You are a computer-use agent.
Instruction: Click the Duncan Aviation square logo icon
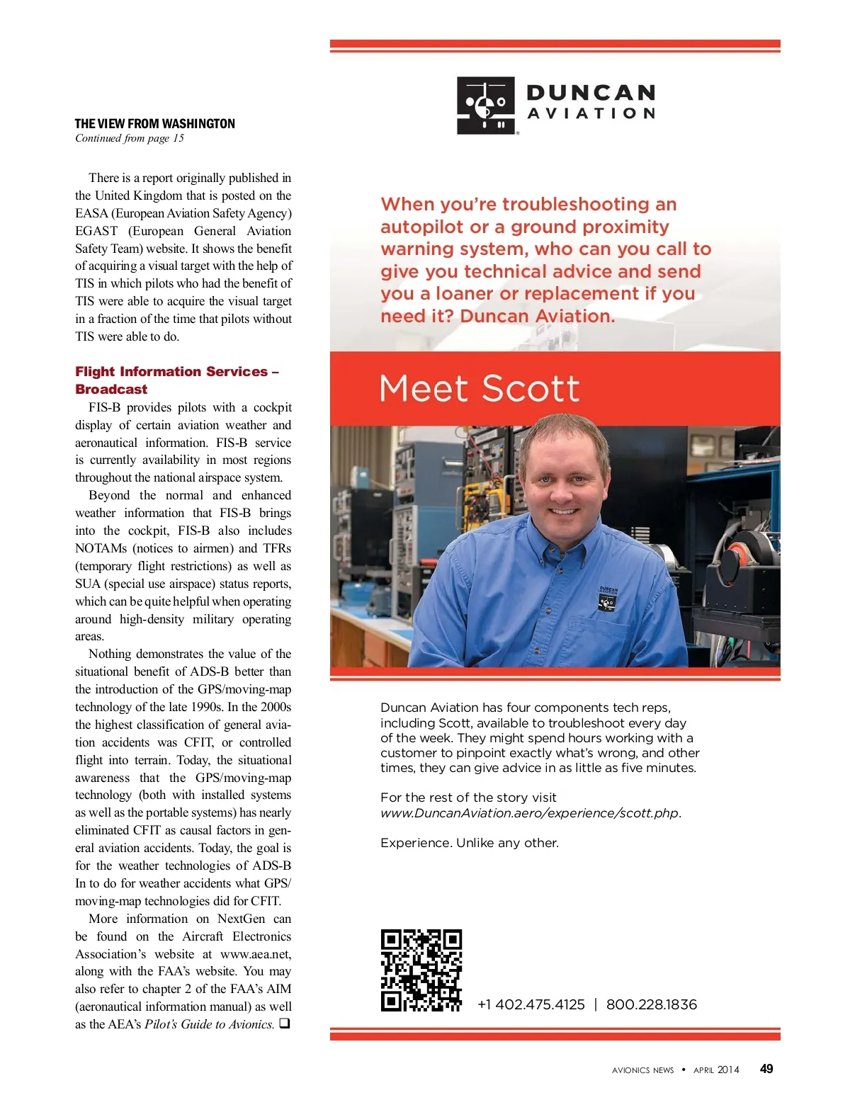pyautogui.click(x=485, y=106)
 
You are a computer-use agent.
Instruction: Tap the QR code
pyautogui.click(x=421, y=970)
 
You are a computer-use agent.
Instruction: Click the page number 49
pyautogui.click(x=766, y=1069)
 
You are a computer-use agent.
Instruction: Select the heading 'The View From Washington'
pyautogui.click(x=155, y=124)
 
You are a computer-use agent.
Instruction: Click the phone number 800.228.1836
pyautogui.click(x=652, y=1004)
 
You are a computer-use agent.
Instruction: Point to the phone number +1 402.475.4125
pyautogui.click(x=531, y=1004)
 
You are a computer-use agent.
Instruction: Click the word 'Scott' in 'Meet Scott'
pyautogui.click(x=531, y=389)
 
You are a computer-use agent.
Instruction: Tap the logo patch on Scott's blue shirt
pyautogui.click(x=608, y=599)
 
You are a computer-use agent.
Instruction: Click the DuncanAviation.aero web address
pyautogui.click(x=529, y=813)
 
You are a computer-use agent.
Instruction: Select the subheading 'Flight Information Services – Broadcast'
pyautogui.click(x=177, y=380)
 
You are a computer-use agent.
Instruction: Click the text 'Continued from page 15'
pyautogui.click(x=130, y=138)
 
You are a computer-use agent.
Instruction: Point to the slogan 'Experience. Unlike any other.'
pyautogui.click(x=470, y=843)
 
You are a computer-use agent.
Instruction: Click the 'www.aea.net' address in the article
pyautogui.click(x=256, y=954)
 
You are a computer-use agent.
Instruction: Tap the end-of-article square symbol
pyautogui.click(x=284, y=1024)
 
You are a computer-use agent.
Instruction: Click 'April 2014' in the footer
pyautogui.click(x=716, y=1070)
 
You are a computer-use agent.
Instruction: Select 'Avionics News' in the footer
pyautogui.click(x=643, y=1070)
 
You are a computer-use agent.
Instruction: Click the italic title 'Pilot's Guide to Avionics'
pyautogui.click(x=209, y=1024)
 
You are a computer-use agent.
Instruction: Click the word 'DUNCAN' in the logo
pyautogui.click(x=591, y=93)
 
